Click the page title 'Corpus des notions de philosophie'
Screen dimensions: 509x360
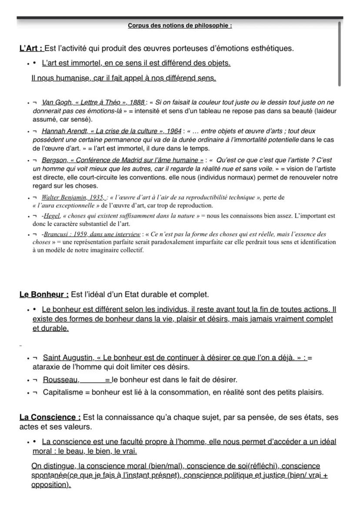pyautogui.click(x=180, y=26)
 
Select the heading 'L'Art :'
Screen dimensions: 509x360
pyautogui.click(x=31, y=48)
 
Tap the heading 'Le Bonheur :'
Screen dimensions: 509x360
pyautogui.click(x=44, y=295)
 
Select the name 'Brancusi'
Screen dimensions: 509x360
pyautogui.click(x=56, y=234)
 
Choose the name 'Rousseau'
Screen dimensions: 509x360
pyautogui.click(x=61, y=380)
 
